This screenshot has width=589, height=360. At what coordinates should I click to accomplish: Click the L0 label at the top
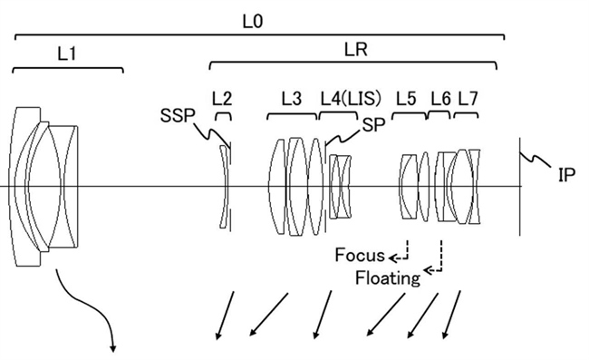(x=253, y=22)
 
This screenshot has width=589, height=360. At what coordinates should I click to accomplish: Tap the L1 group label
(x=67, y=54)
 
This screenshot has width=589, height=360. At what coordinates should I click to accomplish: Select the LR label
(x=356, y=50)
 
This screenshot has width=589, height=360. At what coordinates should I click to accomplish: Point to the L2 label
(x=222, y=99)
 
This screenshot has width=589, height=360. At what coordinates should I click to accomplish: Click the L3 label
(x=292, y=99)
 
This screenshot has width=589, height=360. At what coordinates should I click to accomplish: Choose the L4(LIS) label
(x=351, y=99)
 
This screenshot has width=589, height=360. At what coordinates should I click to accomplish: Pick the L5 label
(x=406, y=99)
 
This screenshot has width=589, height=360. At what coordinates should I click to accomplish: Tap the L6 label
(x=440, y=99)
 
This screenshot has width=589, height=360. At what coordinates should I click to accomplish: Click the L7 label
(x=468, y=99)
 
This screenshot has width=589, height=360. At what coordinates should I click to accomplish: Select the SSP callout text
(x=178, y=116)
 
